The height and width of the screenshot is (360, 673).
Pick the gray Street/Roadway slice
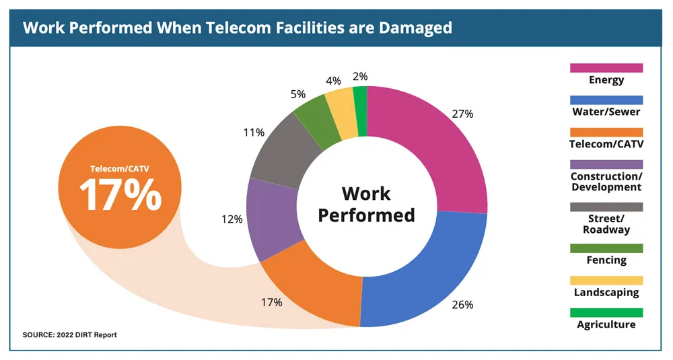pyautogui.click(x=279, y=151)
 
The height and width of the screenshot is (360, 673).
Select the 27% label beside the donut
pyautogui.click(x=463, y=114)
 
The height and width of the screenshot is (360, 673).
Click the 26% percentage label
pyautogui.click(x=463, y=305)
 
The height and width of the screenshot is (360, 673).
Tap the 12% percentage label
pyautogui.click(x=232, y=219)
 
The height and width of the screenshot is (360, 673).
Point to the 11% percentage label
pyautogui.click(x=253, y=133)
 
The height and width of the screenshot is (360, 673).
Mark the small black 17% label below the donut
pyautogui.click(x=271, y=302)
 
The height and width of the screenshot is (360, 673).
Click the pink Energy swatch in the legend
pyautogui.click(x=606, y=67)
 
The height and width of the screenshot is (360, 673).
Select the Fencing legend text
pyautogui.click(x=606, y=260)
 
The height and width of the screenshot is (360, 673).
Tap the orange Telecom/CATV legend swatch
pyautogui.click(x=606, y=132)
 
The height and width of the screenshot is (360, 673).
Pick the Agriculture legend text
pyautogui.click(x=606, y=324)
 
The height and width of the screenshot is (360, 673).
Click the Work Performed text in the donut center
pyautogui.click(x=366, y=204)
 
